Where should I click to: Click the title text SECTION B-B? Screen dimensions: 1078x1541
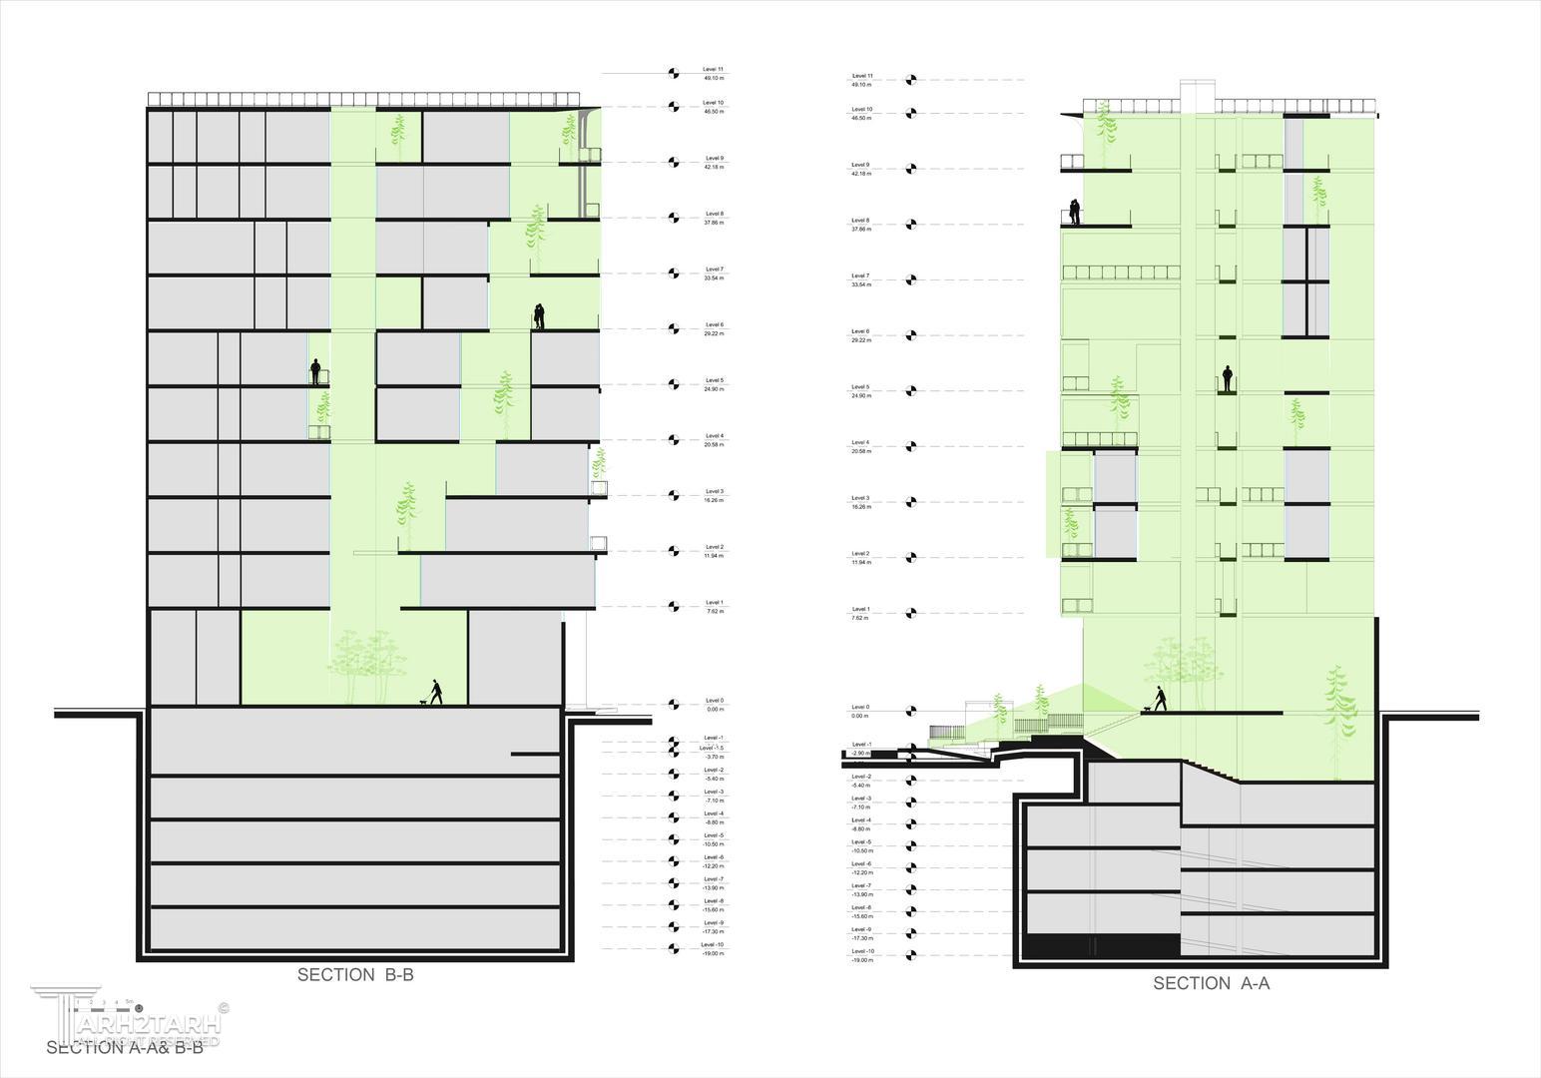[x=354, y=975]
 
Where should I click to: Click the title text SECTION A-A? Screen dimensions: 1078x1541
[x=1211, y=983]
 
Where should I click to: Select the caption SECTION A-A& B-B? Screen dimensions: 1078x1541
[x=125, y=1047]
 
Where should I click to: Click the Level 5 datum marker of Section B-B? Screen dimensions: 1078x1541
[x=674, y=383]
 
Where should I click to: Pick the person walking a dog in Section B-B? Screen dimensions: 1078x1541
[x=435, y=692]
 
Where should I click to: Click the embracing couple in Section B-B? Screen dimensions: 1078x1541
[x=539, y=316]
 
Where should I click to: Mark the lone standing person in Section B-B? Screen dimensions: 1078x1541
[x=315, y=372]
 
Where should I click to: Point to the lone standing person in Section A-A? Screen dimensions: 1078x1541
[x=1228, y=379]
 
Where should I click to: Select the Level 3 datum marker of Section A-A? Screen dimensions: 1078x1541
[x=909, y=501]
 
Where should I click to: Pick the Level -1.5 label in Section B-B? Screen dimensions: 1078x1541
[x=713, y=748]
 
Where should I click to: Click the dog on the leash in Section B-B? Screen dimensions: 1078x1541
[x=424, y=702]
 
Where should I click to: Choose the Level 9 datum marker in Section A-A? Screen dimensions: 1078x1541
[x=909, y=168]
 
